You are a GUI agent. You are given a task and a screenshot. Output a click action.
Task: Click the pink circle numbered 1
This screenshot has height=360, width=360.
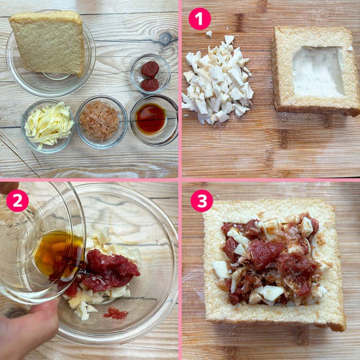(x=200, y=19)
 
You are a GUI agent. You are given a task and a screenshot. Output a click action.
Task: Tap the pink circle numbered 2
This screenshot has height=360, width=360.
(x=17, y=201)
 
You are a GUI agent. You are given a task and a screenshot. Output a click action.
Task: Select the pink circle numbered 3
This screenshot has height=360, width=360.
(x=202, y=201)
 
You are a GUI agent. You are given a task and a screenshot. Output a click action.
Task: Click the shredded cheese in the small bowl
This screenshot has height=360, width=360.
(x=49, y=124)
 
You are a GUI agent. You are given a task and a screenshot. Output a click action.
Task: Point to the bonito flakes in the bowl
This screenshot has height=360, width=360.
(x=100, y=120)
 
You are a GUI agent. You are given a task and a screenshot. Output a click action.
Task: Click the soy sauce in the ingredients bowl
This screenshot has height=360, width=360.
(x=151, y=118)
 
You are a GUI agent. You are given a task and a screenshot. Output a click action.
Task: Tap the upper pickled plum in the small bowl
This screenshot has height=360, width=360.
(x=150, y=69)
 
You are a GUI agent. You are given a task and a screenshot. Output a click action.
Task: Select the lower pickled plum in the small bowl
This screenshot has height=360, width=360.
(x=150, y=84)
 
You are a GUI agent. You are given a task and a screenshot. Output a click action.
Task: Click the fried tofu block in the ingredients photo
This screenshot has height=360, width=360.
(x=47, y=43)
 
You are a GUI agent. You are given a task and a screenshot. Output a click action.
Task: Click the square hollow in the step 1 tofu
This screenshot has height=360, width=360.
(x=318, y=71)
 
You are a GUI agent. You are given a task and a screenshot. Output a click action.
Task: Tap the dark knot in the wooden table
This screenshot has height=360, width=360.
(x=165, y=38)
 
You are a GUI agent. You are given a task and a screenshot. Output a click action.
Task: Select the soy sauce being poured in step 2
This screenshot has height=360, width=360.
(x=59, y=255)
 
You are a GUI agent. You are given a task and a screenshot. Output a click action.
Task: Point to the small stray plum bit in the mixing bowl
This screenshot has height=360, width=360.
(x=116, y=313)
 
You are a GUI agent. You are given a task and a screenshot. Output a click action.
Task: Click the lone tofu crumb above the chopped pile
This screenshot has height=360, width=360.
(x=209, y=33)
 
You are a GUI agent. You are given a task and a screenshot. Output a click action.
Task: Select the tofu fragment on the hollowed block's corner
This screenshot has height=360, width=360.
(x=350, y=48)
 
